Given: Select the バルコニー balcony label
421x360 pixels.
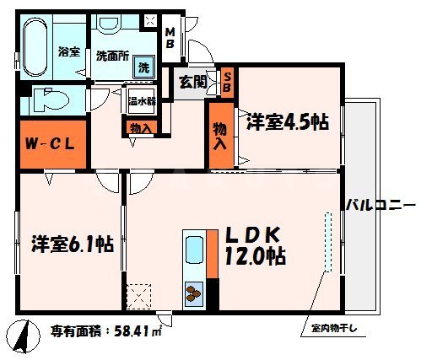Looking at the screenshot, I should pyautogui.click(x=380, y=205).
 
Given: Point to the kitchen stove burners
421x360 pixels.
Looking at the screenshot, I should pyautogui.click(x=195, y=293).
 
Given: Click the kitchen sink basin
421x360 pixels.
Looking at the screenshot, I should pyautogui.click(x=192, y=252).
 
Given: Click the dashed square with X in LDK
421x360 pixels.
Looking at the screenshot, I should pyautogui.click(x=138, y=296).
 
